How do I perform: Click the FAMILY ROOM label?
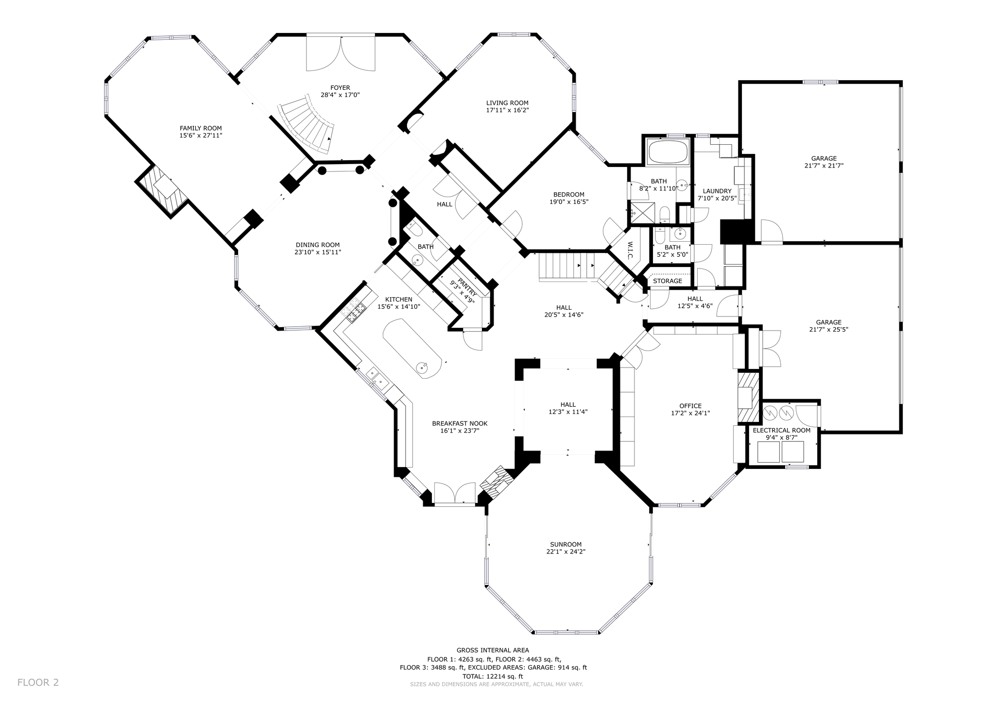click(201, 128)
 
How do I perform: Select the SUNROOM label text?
click(566, 544)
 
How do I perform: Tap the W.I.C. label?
click(630, 250)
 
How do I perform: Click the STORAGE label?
click(667, 281)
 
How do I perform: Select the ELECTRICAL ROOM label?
click(781, 430)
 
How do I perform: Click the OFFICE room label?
click(690, 406)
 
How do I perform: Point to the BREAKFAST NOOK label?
click(460, 423)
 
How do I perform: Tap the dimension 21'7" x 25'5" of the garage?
click(828, 330)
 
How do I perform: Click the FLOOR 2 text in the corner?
click(38, 682)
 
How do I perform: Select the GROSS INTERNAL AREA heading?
click(493, 650)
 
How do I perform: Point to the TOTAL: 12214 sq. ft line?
click(493, 676)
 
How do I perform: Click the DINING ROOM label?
click(318, 245)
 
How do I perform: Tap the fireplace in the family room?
click(162, 191)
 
